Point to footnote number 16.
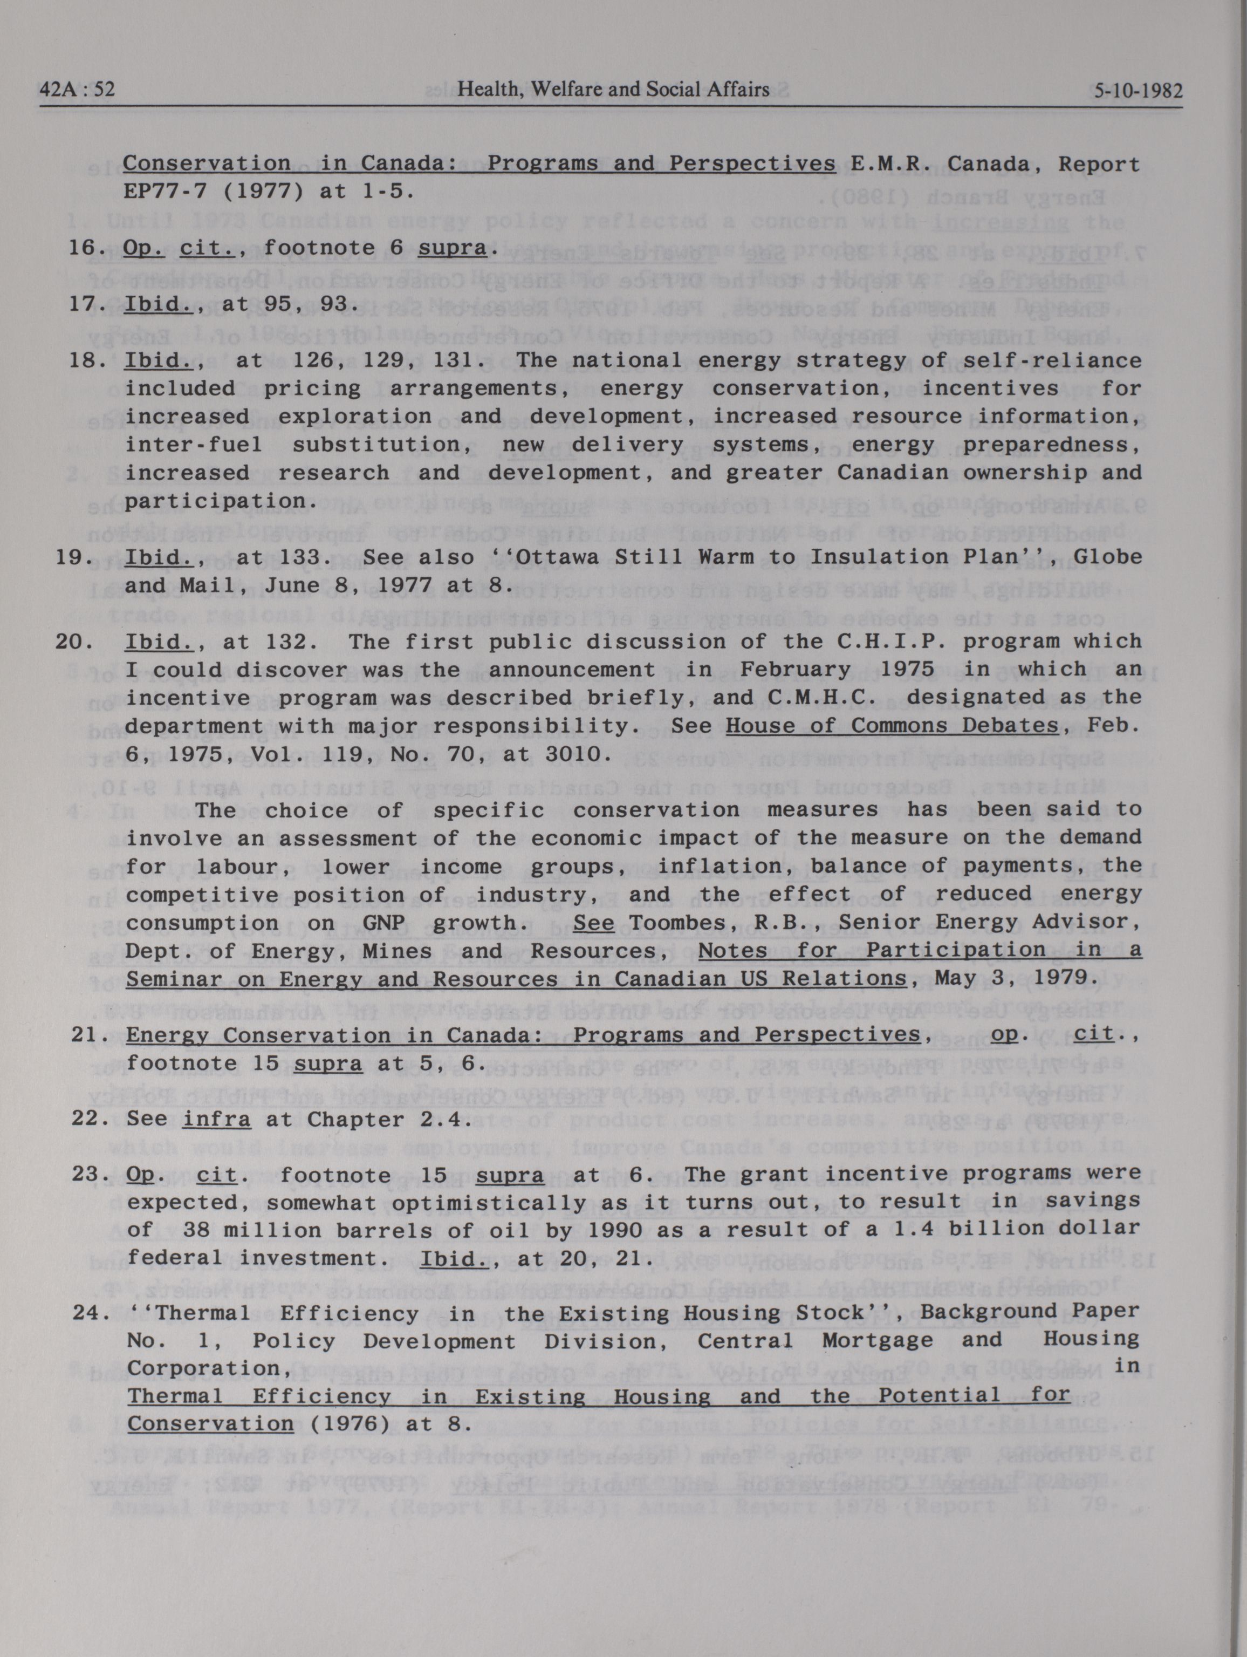pyautogui.click(x=83, y=247)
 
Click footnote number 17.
pyautogui.click(x=83, y=303)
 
